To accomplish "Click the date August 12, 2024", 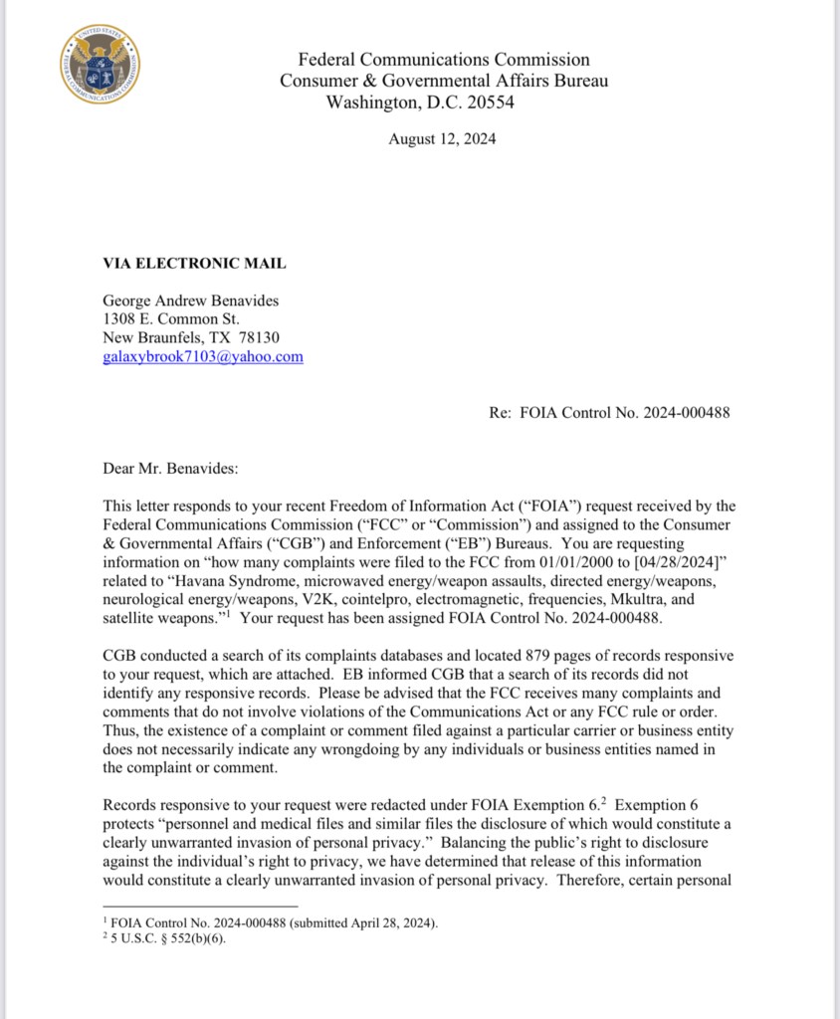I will pyautogui.click(x=442, y=139).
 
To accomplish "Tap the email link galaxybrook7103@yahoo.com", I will pyautogui.click(x=203, y=356).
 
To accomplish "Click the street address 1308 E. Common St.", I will pyautogui.click(x=170, y=318).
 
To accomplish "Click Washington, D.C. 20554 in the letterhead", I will pyautogui.click(x=421, y=102).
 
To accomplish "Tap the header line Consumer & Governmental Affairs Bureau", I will pyautogui.click(x=443, y=81).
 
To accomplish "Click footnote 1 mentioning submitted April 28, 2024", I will pyautogui.click(x=272, y=922).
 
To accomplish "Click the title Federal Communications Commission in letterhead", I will pyautogui.click(x=444, y=60).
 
